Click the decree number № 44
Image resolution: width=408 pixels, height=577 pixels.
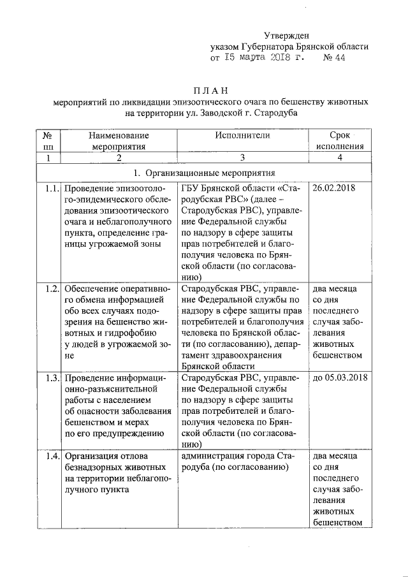tap(335, 58)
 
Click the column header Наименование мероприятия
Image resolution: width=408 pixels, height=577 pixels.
tap(119, 141)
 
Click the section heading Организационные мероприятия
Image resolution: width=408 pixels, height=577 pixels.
tap(210, 172)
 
